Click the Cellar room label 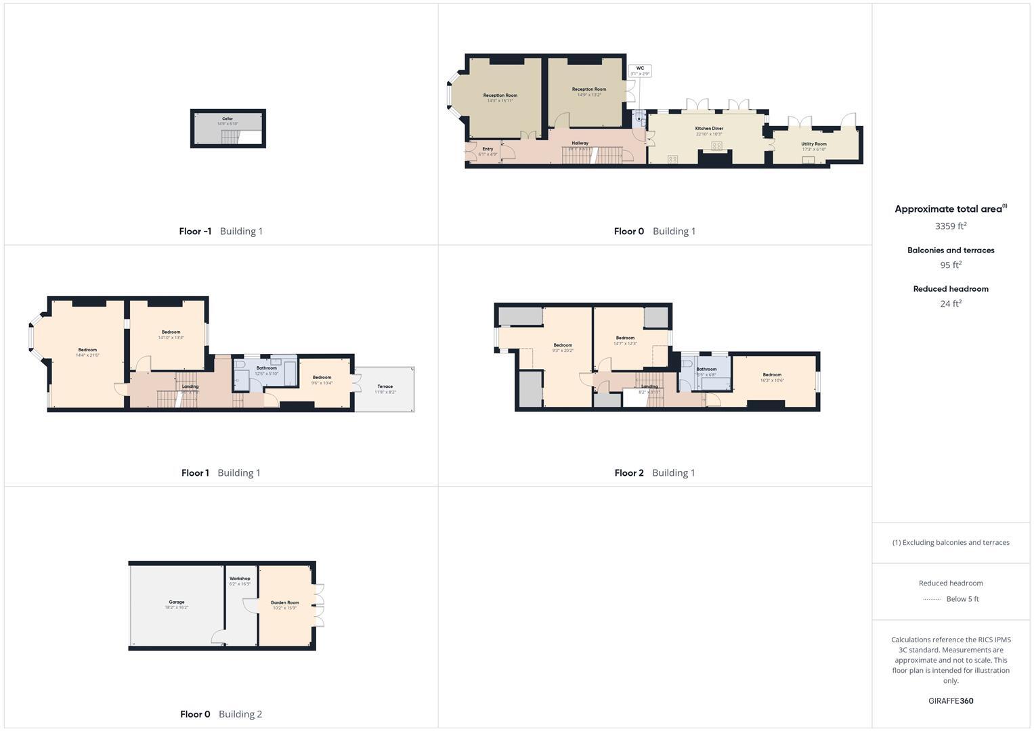[228, 119]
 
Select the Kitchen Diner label [709, 129]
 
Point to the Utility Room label [813, 144]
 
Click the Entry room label [488, 149]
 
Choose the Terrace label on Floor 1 [385, 386]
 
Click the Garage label [177, 602]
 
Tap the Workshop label [240, 579]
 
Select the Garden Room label [284, 602]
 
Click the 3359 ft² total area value [951, 226]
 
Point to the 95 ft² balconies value [951, 265]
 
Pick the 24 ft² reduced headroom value [951, 304]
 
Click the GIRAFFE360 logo [951, 701]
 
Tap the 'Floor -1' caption [195, 231]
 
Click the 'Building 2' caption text [240, 714]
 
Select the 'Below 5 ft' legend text [962, 599]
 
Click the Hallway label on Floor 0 [580, 143]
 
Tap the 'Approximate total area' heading [949, 209]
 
